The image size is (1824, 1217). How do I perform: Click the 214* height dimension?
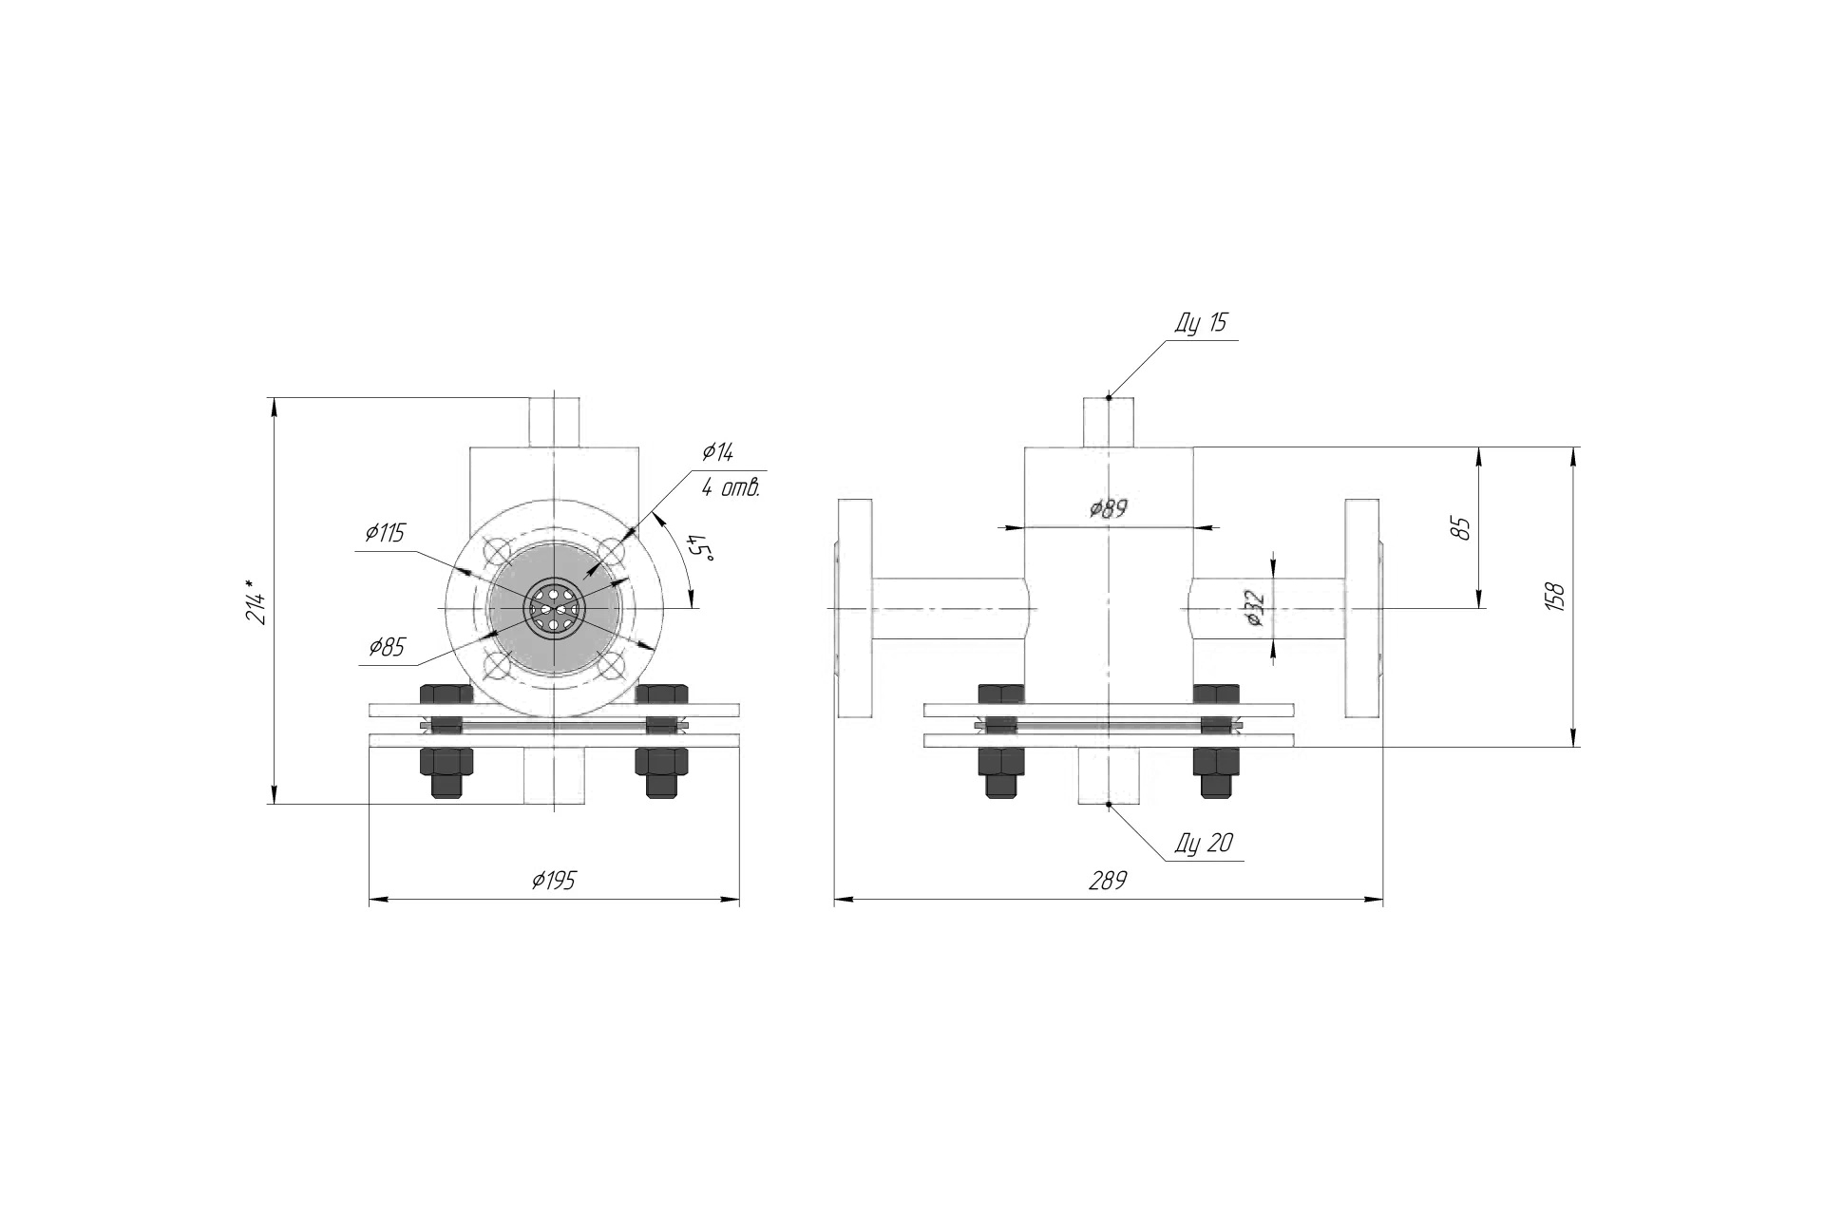click(256, 601)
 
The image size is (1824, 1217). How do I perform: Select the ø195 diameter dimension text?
click(554, 881)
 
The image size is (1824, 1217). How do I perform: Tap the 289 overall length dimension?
click(1108, 881)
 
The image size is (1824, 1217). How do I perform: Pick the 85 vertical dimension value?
click(1462, 528)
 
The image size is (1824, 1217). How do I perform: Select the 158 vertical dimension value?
click(1555, 597)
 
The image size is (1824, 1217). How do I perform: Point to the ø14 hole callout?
click(717, 452)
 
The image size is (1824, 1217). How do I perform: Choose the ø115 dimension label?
click(384, 533)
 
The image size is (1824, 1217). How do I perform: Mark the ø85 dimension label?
click(388, 648)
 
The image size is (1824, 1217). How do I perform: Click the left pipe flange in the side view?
click(853, 607)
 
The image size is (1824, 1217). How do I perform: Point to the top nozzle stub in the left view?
click(554, 423)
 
